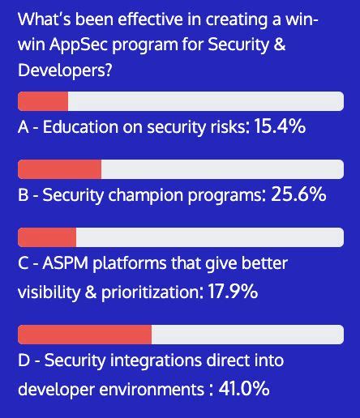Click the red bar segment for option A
click(43, 101)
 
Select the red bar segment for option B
click(59, 169)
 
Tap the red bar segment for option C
click(47, 237)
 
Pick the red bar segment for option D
click(84, 335)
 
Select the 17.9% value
click(229, 292)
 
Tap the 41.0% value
click(242, 389)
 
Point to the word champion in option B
click(142, 195)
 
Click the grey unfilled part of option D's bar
click(246, 335)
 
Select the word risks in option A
click(225, 127)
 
